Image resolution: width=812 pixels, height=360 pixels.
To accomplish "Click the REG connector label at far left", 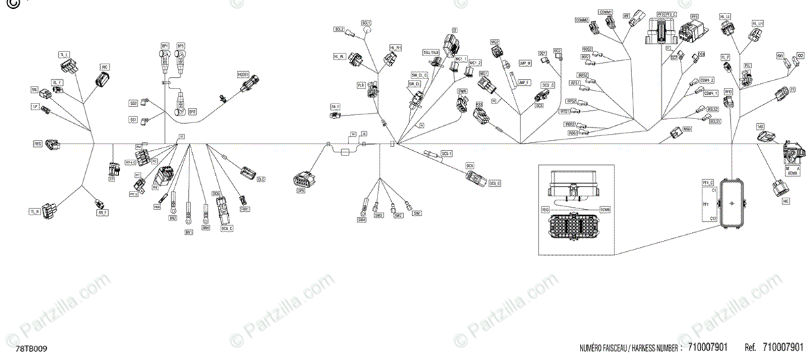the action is click(38, 144).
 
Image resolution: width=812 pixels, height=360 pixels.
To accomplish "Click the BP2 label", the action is click(192, 111).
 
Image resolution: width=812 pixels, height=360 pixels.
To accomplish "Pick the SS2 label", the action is click(133, 104).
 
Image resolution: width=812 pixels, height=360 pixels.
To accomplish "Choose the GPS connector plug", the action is click(300, 181).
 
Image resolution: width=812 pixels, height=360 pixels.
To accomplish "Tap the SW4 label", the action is click(361, 219).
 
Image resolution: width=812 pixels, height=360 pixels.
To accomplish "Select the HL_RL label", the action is click(339, 56).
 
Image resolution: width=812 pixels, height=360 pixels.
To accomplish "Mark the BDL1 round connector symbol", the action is click(366, 30).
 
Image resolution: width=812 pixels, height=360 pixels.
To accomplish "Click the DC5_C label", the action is click(495, 183).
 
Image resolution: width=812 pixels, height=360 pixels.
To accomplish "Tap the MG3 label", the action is click(687, 128).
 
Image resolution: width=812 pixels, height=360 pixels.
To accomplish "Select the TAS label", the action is click(760, 126).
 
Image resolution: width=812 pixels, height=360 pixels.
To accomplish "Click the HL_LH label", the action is click(757, 23).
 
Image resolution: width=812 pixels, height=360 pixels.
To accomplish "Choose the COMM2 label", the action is click(581, 20).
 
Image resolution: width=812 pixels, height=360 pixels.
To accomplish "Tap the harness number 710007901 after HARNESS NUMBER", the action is click(707, 348).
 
